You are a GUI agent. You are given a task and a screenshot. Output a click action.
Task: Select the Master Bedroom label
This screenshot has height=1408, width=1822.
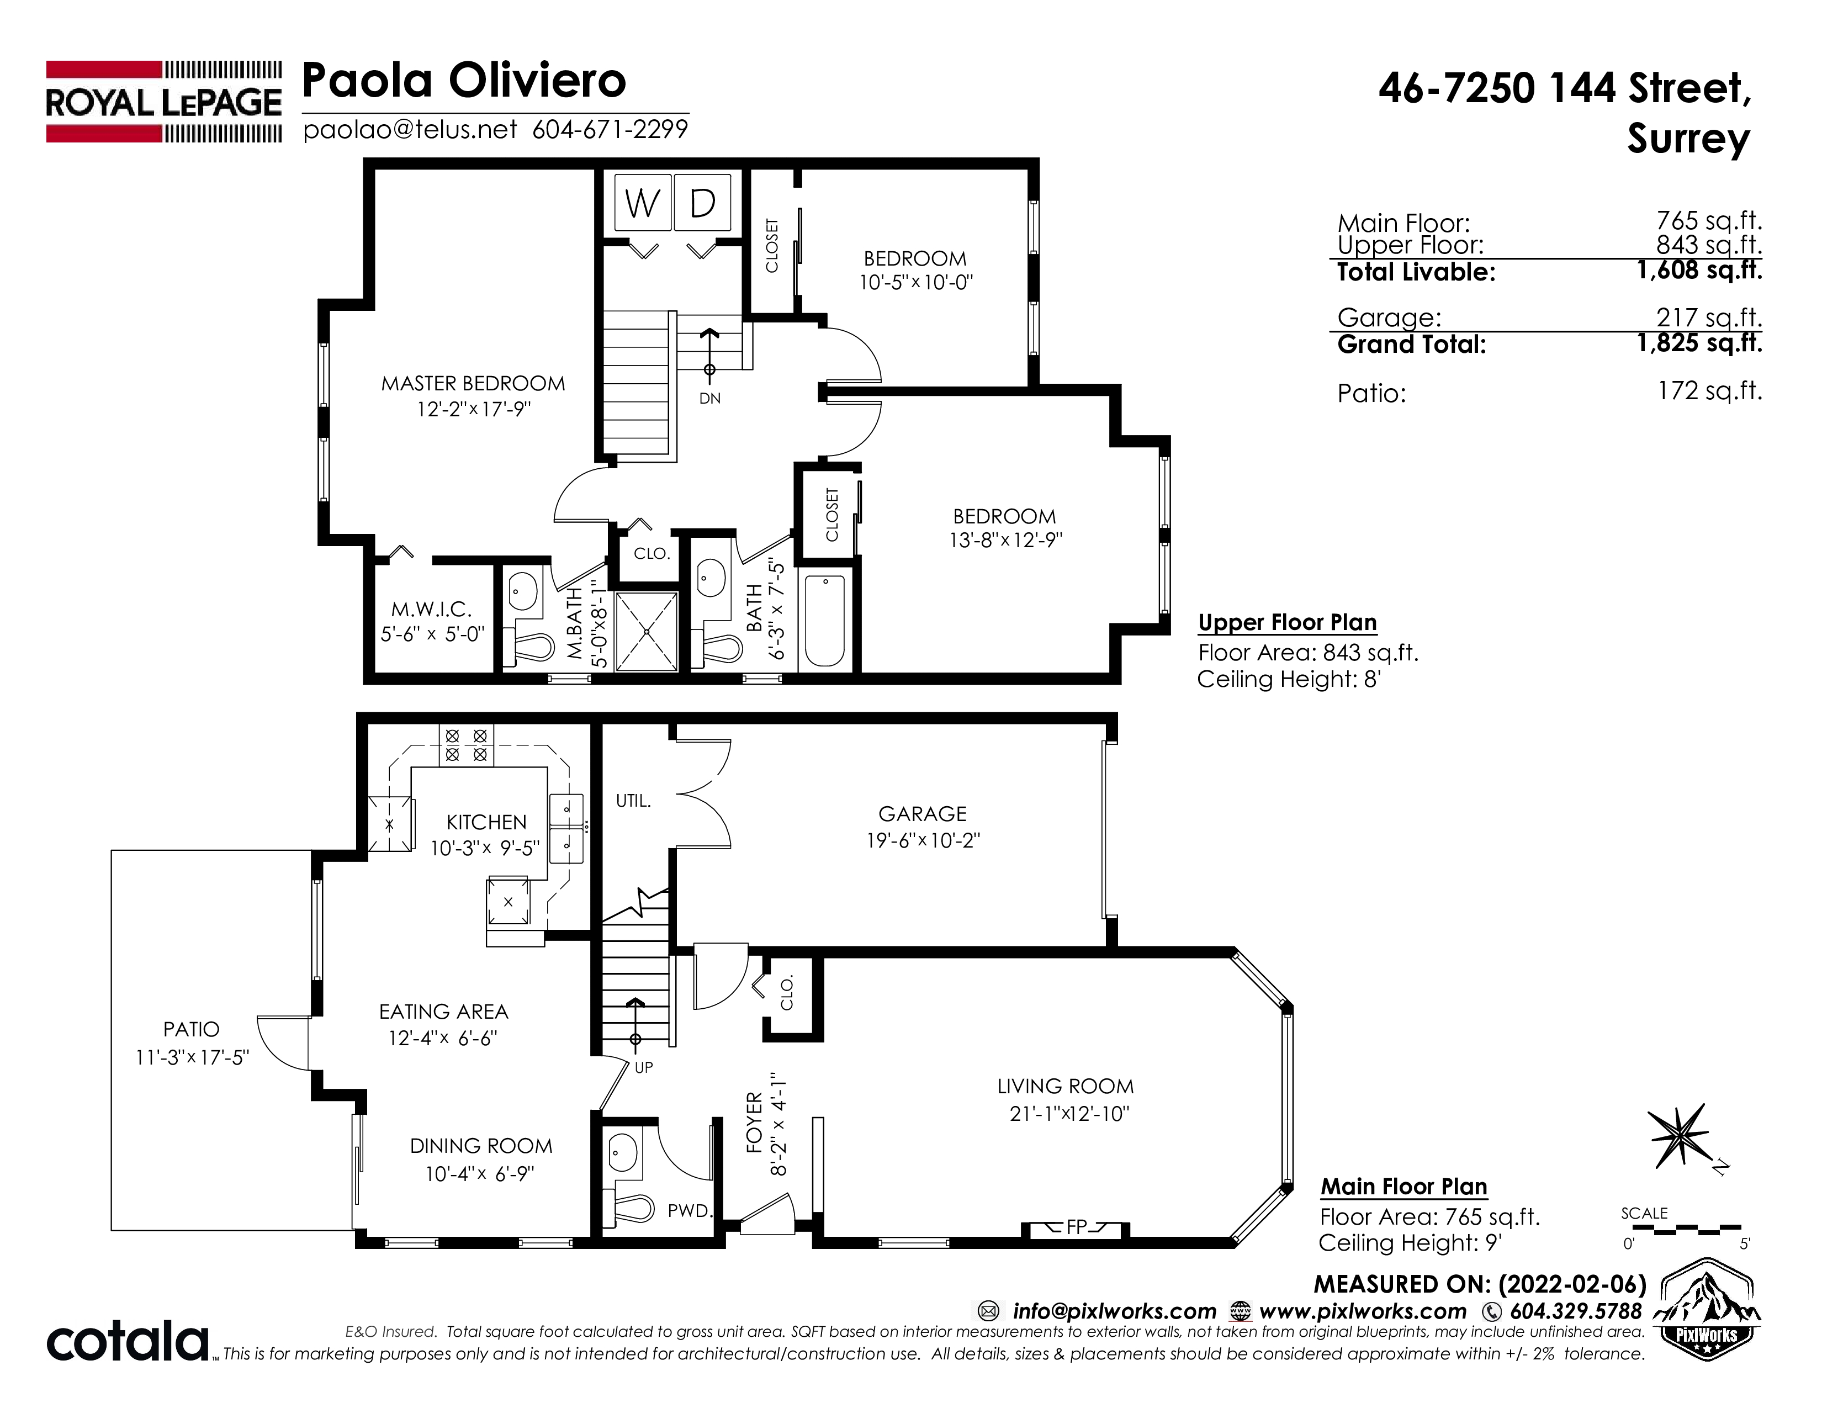473,384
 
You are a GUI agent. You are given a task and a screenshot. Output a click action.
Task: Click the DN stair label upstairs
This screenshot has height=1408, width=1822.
710,399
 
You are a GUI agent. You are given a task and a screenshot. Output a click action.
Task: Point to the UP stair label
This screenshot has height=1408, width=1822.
644,1068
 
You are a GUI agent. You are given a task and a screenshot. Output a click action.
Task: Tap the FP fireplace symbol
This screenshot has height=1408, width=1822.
1076,1228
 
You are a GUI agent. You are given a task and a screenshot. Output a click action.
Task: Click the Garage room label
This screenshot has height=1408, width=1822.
923,814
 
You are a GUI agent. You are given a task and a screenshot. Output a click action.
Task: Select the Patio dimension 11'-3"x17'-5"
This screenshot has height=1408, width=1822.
193,1058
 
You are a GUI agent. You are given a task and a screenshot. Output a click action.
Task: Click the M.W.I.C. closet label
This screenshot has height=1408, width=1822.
431,610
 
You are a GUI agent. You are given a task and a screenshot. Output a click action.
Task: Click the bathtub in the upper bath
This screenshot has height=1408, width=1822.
825,621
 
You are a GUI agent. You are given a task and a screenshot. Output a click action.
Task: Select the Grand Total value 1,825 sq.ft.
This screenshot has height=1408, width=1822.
1699,343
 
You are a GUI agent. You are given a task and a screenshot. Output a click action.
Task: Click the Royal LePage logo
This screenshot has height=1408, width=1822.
163,102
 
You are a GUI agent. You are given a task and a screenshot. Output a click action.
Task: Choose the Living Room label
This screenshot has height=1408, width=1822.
1066,1086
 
